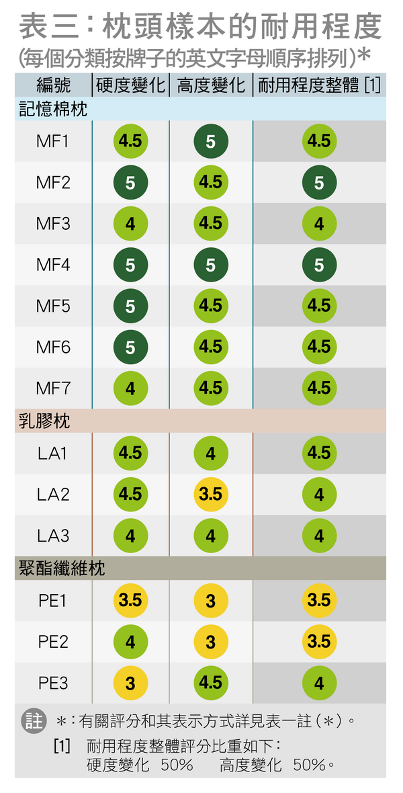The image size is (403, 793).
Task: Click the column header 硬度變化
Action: tap(130, 85)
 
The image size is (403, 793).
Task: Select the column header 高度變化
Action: tap(211, 85)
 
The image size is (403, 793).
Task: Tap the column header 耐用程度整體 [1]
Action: tap(319, 85)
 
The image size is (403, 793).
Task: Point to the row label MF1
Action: tap(53, 141)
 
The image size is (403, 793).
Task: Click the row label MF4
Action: tap(53, 265)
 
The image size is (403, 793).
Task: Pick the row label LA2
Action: tap(53, 495)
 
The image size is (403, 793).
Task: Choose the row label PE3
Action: tap(53, 683)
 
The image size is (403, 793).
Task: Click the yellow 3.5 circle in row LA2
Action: tap(211, 495)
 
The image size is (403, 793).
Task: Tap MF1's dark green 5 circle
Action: tap(211, 141)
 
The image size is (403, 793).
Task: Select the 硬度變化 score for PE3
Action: tap(130, 683)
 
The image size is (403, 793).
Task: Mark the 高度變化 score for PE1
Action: tap(211, 601)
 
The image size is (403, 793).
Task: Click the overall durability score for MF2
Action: tap(319, 183)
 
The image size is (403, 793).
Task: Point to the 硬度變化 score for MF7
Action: tap(130, 388)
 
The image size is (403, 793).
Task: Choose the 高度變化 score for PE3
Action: tap(211, 683)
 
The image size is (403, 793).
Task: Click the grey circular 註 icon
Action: tap(34, 721)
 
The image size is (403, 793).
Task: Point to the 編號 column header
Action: tap(53, 85)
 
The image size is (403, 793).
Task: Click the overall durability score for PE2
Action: tap(319, 642)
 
